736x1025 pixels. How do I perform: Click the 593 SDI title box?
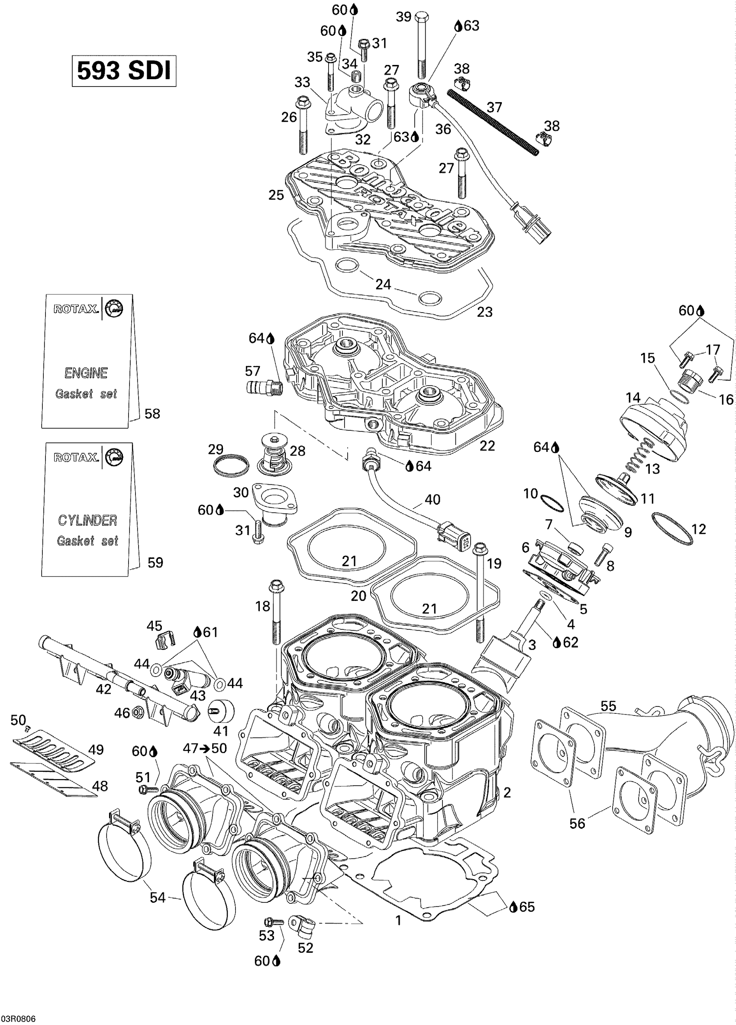(124, 71)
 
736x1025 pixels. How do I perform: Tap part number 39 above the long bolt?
(403, 17)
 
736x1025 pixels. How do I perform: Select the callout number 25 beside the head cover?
(276, 195)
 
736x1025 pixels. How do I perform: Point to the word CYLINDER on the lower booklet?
(87, 520)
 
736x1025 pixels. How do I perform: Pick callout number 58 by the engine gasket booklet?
(152, 413)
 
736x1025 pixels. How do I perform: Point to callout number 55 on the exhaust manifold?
(608, 706)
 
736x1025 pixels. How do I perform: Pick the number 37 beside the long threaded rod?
(494, 107)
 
